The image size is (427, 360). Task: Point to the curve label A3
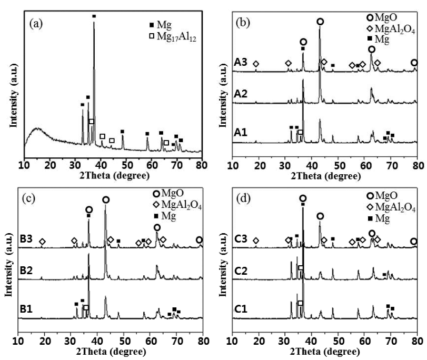(x=241, y=64)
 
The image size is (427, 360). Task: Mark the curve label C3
(x=240, y=240)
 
